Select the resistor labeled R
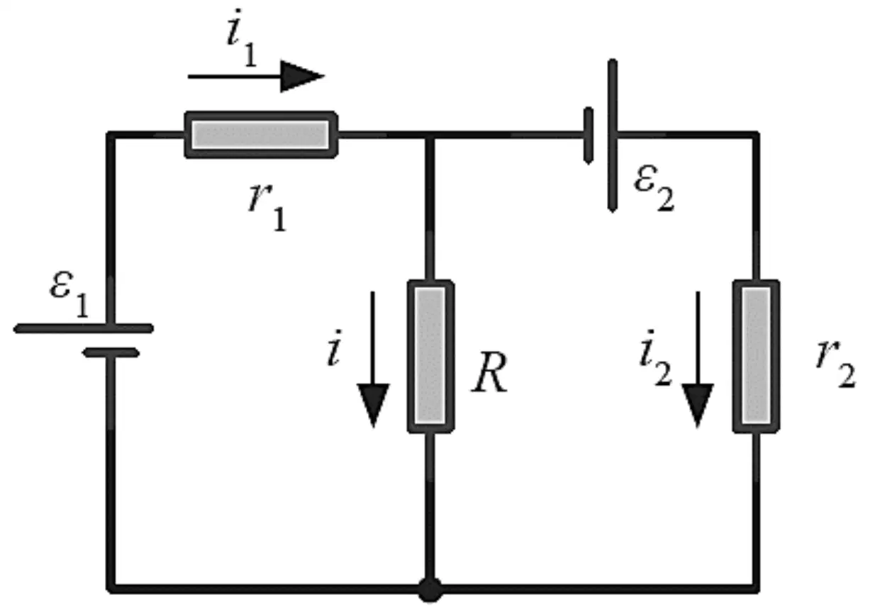[x=430, y=356]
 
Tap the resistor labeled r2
[x=757, y=356]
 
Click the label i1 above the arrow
[x=243, y=38]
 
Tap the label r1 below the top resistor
[x=267, y=207]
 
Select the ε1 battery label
[x=69, y=294]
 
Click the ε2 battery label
[x=654, y=188]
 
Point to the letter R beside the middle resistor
[x=490, y=372]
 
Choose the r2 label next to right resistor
[x=836, y=364]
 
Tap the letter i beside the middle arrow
[x=335, y=348]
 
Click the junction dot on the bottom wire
[x=430, y=590]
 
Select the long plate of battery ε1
[x=84, y=328]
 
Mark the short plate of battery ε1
[x=111, y=352]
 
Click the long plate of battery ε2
[x=613, y=136]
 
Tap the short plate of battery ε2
[x=589, y=135]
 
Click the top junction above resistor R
[x=430, y=135]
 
